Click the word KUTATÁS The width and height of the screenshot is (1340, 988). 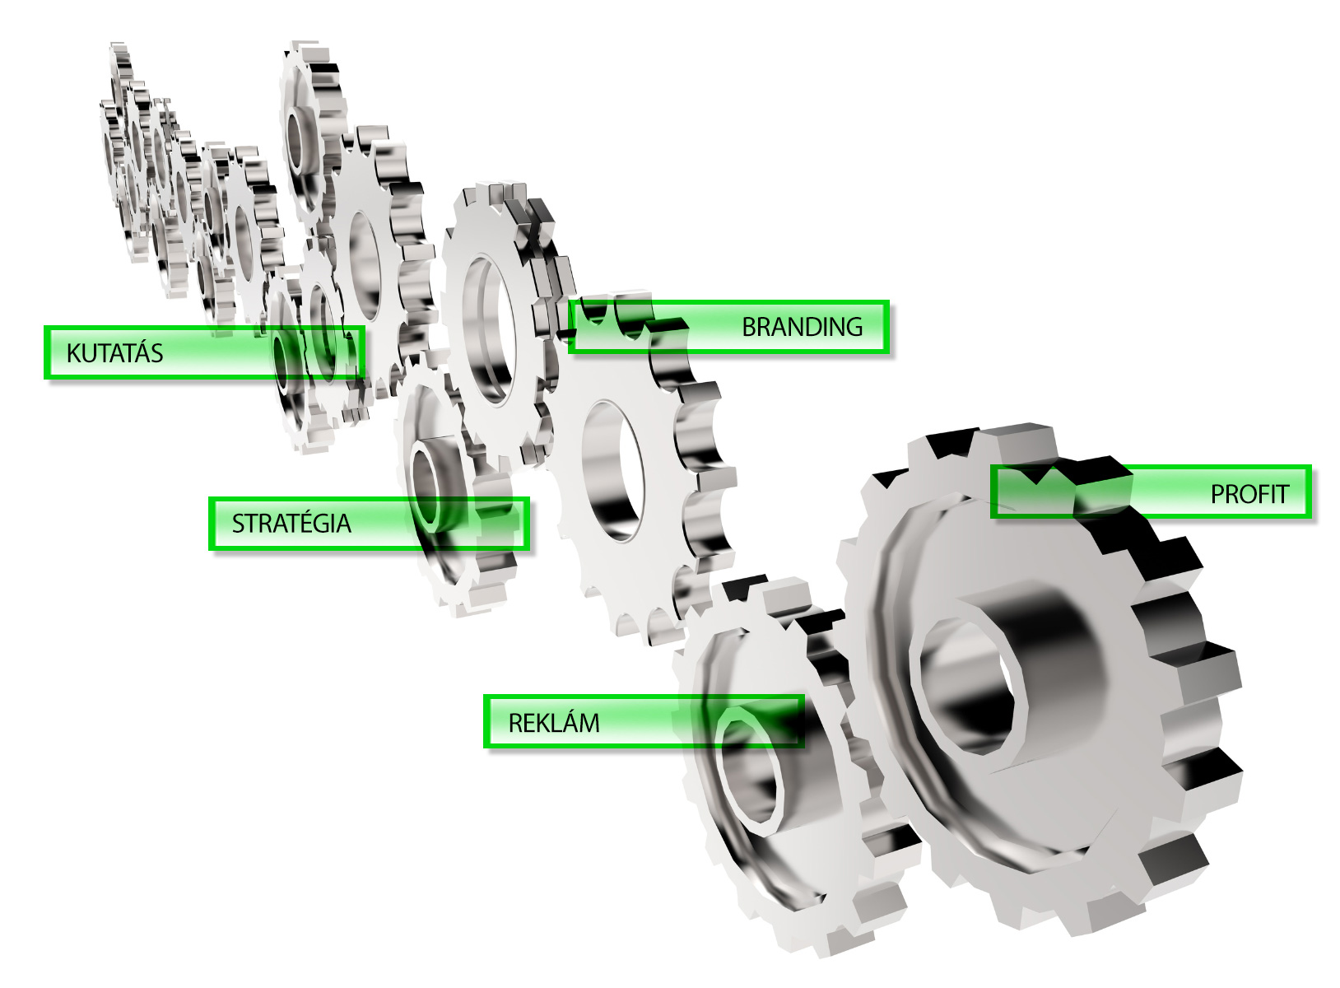(115, 352)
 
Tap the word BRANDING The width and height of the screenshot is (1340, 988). (803, 328)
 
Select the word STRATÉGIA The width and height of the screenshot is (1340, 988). (291, 523)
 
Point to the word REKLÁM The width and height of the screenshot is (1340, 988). (554, 722)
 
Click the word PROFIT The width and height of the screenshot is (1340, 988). (1249, 494)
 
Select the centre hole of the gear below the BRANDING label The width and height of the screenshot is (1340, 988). (613, 472)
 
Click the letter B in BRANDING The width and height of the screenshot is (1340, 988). (750, 328)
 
